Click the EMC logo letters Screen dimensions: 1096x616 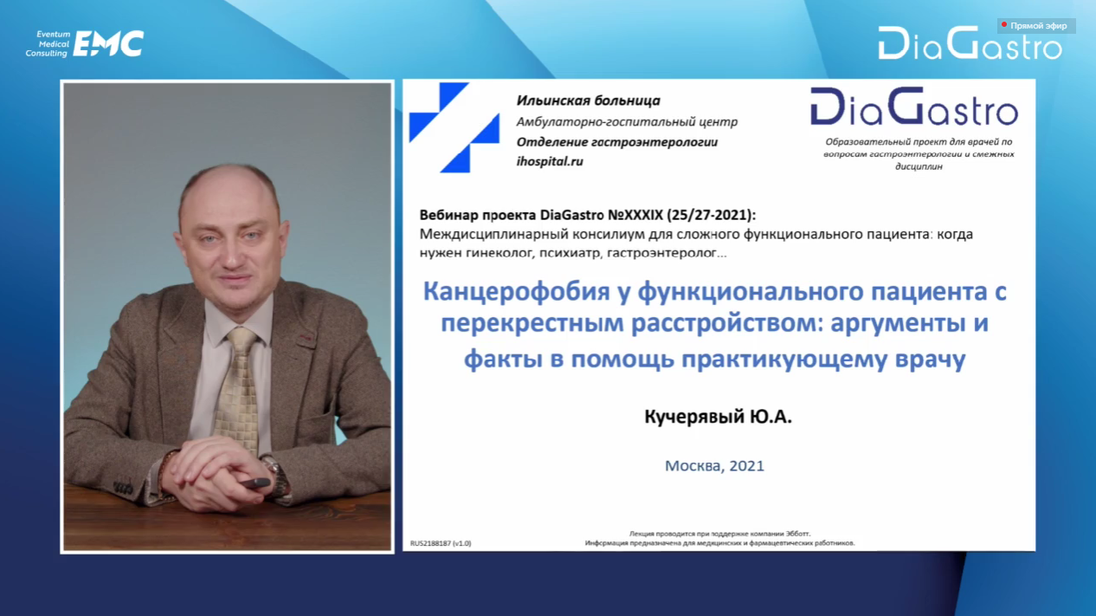pyautogui.click(x=108, y=43)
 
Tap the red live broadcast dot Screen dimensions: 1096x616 pyautogui.click(x=1004, y=25)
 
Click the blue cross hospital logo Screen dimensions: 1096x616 pyautogui.click(x=455, y=128)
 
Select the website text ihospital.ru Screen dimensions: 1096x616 pyautogui.click(x=550, y=161)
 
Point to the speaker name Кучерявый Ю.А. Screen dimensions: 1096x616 pyautogui.click(x=718, y=417)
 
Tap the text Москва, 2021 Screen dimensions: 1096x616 pyautogui.click(x=714, y=465)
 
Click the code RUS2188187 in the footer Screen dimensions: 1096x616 pyautogui.click(x=430, y=543)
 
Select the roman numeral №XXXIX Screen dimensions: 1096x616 pyautogui.click(x=635, y=215)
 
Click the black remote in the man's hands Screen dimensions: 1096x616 pyautogui.click(x=255, y=483)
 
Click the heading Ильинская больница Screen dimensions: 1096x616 pyautogui.click(x=589, y=101)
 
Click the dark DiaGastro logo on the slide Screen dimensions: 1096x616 pyautogui.click(x=914, y=107)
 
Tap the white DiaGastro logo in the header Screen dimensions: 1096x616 pyautogui.click(x=970, y=43)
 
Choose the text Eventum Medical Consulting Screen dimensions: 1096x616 pyautogui.click(x=47, y=43)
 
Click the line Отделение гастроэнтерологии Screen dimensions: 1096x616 pyautogui.click(x=617, y=142)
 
